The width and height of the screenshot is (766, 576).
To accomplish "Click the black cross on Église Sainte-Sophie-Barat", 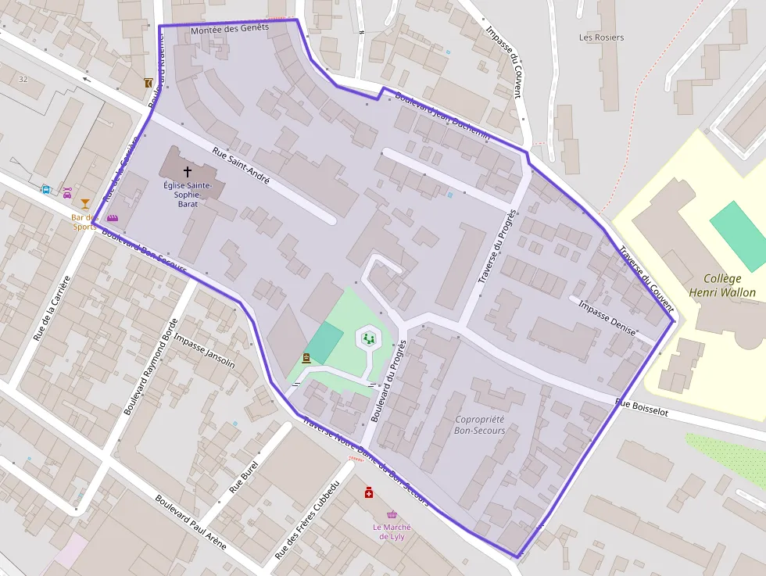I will pos(187,170).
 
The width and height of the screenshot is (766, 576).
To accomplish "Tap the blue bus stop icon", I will pos(46,189).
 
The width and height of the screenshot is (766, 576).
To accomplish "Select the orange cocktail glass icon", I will pos(85,204).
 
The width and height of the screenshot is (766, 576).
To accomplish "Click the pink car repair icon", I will pos(67,192).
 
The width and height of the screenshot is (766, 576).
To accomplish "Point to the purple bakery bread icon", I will pos(113,218).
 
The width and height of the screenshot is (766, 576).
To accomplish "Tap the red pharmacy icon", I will pos(368,492).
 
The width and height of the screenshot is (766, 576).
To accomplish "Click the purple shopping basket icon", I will pos(392,515).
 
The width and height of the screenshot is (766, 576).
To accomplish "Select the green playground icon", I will pos(367,338).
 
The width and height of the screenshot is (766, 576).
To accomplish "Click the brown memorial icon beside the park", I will pos(306,358).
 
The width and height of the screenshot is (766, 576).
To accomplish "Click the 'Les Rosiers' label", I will pos(601,38).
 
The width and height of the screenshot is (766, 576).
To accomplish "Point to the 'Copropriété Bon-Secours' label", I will pos(479,424).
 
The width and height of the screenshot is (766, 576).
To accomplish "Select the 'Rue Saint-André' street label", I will pos(241,166).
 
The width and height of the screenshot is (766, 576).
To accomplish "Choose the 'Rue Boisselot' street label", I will pos(641,407).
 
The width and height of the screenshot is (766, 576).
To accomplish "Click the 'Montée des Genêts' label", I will pos(229,27).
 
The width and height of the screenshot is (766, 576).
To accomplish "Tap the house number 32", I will pos(23,79).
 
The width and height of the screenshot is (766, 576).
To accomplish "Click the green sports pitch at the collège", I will pos(739,236).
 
